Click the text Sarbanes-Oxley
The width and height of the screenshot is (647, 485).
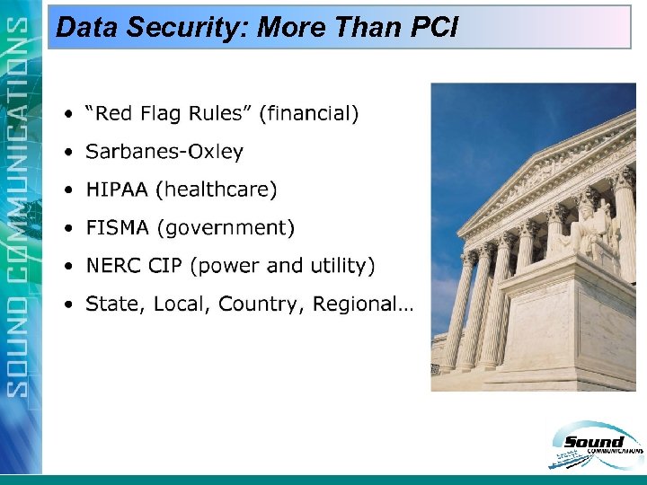pyautogui.click(x=164, y=152)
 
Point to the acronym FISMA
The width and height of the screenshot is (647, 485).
pyautogui.click(x=118, y=228)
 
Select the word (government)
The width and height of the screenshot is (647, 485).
pyautogui.click(x=226, y=228)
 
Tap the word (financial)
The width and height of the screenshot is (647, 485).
pyautogui.click(x=309, y=113)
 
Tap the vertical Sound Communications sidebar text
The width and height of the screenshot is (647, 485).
pyautogui.click(x=21, y=207)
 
